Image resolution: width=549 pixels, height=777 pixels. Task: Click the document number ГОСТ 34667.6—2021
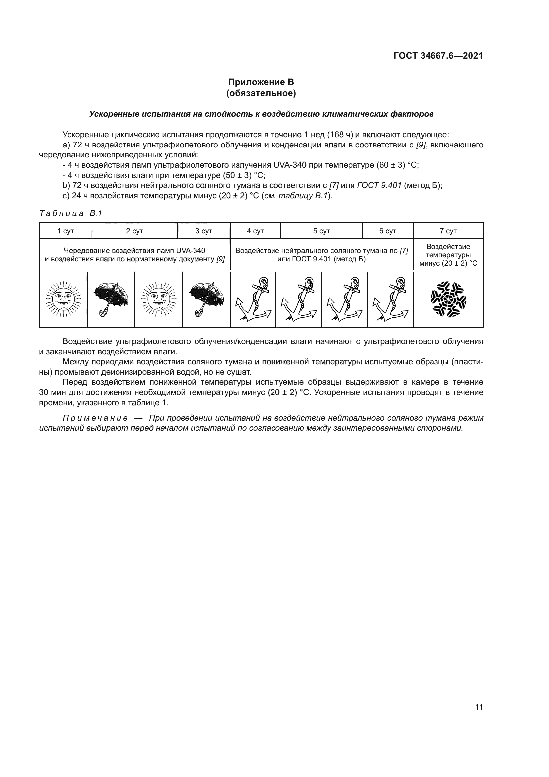[x=438, y=56]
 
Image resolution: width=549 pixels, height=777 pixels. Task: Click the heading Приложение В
[x=261, y=82]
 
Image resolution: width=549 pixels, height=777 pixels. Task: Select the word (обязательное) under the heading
[x=261, y=93]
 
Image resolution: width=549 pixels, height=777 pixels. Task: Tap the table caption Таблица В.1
[x=71, y=213]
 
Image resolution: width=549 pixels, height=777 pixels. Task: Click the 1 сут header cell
[x=66, y=231]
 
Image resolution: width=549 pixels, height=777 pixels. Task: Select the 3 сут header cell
[x=204, y=231]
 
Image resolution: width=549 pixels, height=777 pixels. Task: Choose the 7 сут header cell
[x=448, y=231]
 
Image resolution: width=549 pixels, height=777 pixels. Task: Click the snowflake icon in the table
[x=448, y=300]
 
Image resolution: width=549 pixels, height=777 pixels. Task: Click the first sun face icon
[x=63, y=300]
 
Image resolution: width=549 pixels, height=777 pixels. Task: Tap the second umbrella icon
[x=206, y=300]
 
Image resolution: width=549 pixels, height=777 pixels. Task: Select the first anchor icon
[x=253, y=300]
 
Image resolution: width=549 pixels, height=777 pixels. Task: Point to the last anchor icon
[x=390, y=300]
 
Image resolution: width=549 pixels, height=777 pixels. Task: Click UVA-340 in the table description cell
[x=191, y=251]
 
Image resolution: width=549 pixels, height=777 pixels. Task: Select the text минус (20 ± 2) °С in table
[x=448, y=263]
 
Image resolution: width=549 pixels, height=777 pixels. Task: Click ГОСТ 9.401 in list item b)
[x=379, y=185]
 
